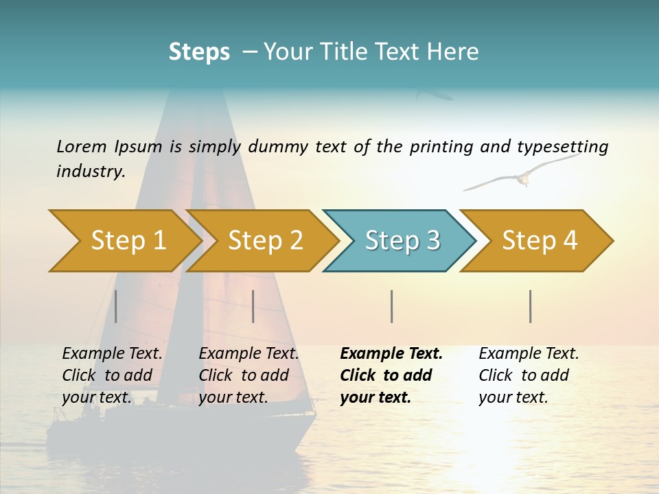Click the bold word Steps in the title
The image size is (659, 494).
point(199,51)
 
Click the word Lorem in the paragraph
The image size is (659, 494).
point(82,146)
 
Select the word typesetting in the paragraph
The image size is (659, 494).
point(562,147)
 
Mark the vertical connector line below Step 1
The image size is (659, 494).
point(116,306)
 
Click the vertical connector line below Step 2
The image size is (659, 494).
point(253,306)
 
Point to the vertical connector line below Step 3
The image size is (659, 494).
point(391,306)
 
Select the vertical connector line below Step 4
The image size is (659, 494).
point(530,306)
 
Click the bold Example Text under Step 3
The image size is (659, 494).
point(391,353)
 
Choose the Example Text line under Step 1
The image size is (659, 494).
point(112,353)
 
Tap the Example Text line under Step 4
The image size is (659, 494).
point(529,353)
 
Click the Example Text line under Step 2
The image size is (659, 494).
point(248,353)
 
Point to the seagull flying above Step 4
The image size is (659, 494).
point(522,176)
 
